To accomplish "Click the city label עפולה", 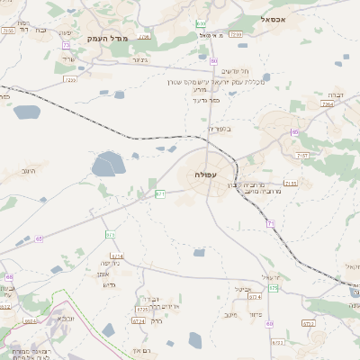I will point(205,173).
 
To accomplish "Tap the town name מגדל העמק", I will point(110,40).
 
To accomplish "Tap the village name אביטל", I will point(242,289).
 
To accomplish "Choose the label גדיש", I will point(111,284).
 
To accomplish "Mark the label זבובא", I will point(65,319).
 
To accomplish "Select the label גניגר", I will point(139,59).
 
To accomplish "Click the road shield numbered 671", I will point(160,193).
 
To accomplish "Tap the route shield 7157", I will point(302,156).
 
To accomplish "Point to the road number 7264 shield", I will point(327,104).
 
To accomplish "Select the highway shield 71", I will point(270,222).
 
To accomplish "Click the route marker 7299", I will point(236,34).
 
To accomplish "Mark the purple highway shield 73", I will point(66,45).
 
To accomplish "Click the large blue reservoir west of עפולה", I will point(109,165).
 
